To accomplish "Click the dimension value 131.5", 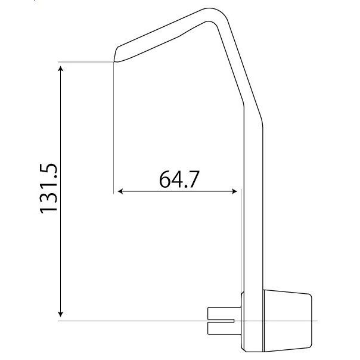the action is tap(48, 188).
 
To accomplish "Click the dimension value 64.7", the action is tap(179, 179).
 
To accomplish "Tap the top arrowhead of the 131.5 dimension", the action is tap(60, 69).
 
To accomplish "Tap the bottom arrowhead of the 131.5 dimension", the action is tap(60, 314).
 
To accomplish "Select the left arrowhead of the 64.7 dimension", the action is tap(120, 191).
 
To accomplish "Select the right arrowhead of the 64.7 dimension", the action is tap(234, 191).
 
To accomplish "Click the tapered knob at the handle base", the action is tap(287, 321).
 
